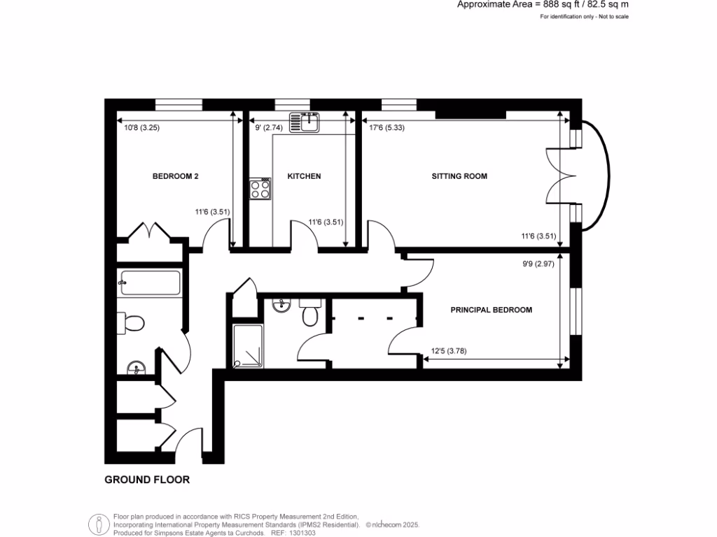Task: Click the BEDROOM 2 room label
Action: [x=176, y=176]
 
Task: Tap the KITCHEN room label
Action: [x=304, y=176]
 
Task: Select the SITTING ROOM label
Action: [x=459, y=176]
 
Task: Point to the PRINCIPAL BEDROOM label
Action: [x=491, y=310]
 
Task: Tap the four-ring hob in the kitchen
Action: [x=260, y=189]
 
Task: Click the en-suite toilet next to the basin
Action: [x=310, y=315]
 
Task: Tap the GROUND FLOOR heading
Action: [x=147, y=480]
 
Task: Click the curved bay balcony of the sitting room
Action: [x=597, y=176]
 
